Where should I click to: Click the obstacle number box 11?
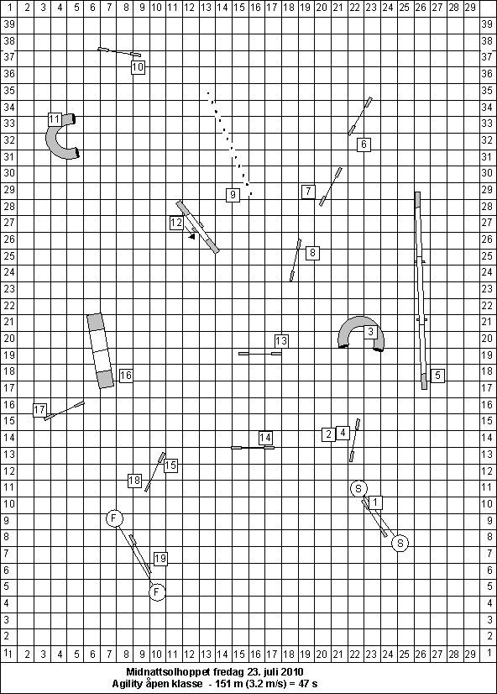pos(55,119)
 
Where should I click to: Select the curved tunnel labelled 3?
pos(360,323)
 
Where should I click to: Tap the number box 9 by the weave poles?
pos(233,195)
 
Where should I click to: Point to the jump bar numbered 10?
pos(119,52)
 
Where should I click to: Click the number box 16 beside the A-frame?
pos(126,376)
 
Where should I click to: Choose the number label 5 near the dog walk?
pos(437,376)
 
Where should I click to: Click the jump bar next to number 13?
pos(260,354)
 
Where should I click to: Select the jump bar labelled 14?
pos(253,448)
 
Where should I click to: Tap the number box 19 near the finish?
pos(160,559)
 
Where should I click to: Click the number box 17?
pos(39,409)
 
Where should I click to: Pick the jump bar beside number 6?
pos(360,116)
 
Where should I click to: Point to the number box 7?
pos(308,192)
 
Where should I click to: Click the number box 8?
pos(312,253)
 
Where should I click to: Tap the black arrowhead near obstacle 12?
pos(192,237)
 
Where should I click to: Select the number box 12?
pos(176,223)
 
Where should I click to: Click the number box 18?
pos(134,481)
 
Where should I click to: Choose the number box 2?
pos(328,434)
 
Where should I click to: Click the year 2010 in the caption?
pos(293,672)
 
